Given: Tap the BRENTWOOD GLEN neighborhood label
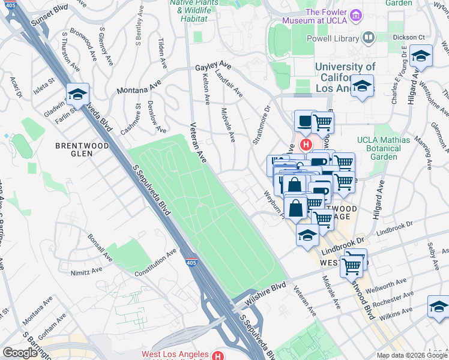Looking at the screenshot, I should point(82,149).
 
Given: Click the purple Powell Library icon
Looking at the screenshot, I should point(368,37).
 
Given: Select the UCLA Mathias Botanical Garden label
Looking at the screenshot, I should point(383,148).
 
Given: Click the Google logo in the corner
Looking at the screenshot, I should point(20,353).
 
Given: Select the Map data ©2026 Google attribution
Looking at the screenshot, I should point(412,355).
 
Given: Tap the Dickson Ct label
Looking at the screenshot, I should point(409,37).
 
